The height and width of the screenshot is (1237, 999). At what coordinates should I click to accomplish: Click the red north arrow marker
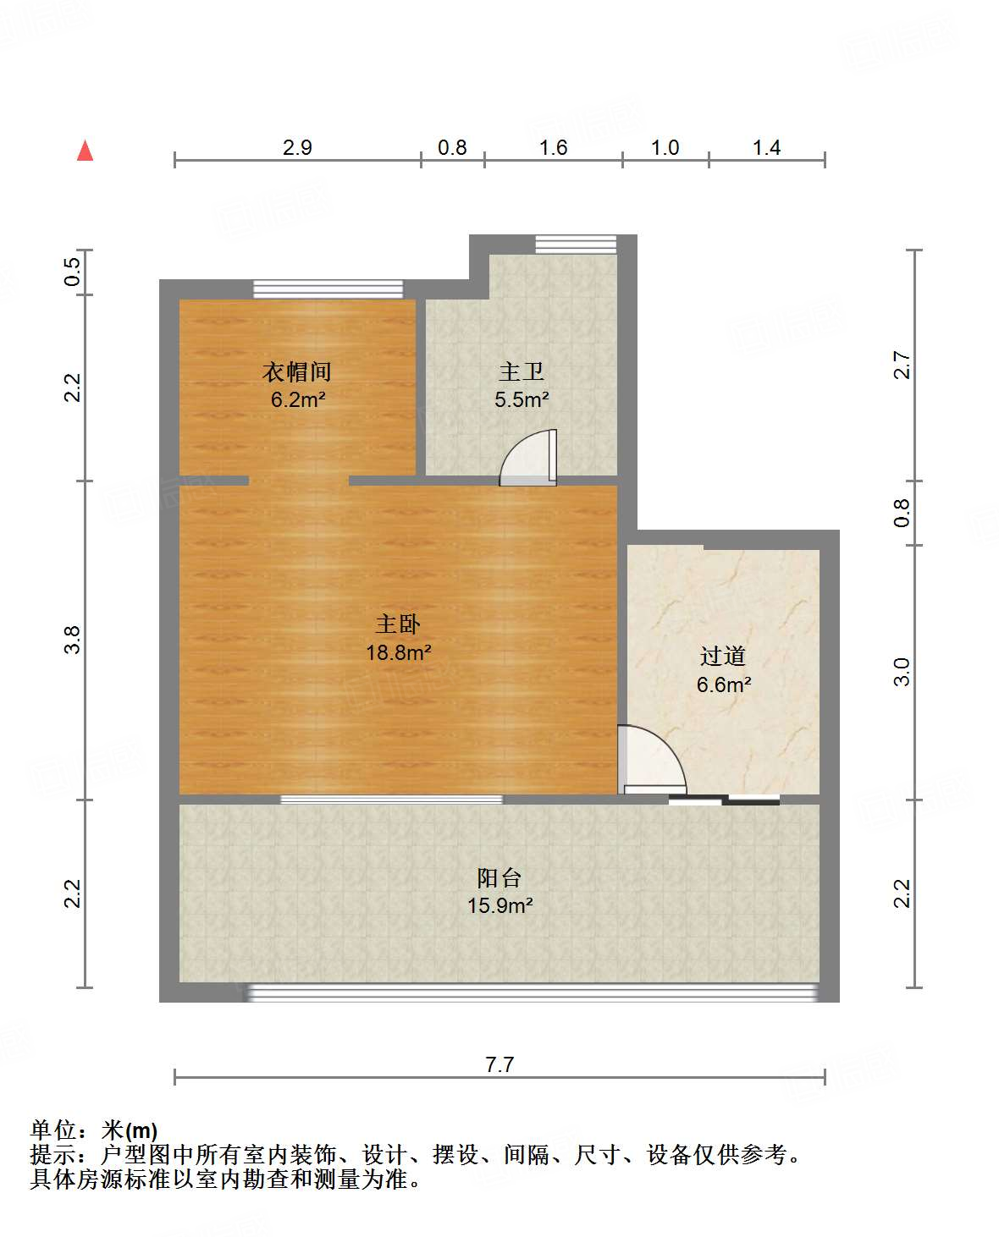[85, 151]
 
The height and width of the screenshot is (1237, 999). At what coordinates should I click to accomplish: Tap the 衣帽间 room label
[296, 371]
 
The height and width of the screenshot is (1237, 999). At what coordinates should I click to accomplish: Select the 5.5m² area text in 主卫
[522, 399]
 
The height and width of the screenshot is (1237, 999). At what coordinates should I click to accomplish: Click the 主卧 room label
[398, 624]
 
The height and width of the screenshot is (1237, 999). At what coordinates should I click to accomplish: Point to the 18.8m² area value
[398, 652]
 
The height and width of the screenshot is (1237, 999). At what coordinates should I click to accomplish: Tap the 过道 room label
[723, 656]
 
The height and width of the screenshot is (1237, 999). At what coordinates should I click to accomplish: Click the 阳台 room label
[499, 877]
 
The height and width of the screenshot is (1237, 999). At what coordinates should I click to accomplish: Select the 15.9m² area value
[499, 905]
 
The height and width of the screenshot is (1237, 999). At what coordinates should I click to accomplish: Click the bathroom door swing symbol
[529, 459]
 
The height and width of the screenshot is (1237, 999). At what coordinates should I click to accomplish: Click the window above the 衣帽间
[328, 289]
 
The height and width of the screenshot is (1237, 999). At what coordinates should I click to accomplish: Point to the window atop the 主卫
[576, 244]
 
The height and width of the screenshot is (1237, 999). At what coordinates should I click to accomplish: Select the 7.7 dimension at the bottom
[499, 1064]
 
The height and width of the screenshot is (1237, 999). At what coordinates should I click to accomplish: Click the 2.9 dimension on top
[297, 147]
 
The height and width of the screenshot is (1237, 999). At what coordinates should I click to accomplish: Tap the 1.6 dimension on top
[553, 147]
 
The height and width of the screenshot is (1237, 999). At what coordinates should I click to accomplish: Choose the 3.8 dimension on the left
[73, 639]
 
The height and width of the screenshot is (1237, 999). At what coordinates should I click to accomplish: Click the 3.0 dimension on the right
[902, 672]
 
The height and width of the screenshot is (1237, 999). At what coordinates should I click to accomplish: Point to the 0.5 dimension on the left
[73, 272]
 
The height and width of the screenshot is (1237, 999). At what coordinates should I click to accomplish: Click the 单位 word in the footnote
[53, 1130]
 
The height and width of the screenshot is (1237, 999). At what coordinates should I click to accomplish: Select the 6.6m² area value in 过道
[723, 684]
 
